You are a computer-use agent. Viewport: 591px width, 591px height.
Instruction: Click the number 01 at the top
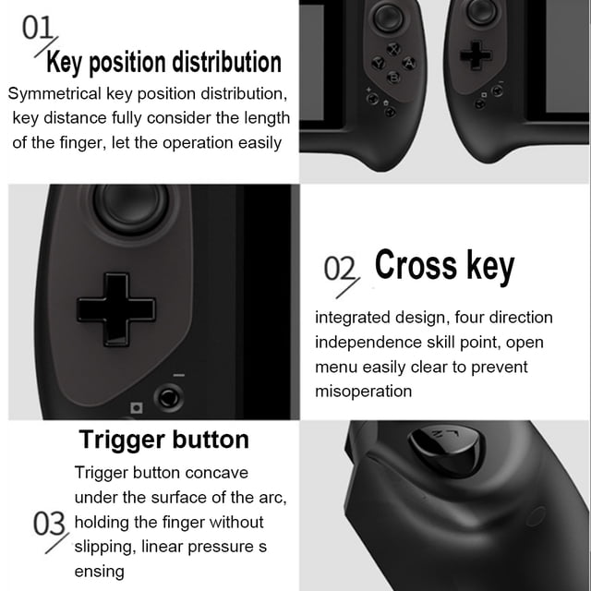click(x=37, y=28)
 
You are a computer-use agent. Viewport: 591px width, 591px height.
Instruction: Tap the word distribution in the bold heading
click(x=227, y=62)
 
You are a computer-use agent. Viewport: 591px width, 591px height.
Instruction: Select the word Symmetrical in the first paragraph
click(x=54, y=94)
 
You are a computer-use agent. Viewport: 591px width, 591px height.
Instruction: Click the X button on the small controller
click(x=394, y=49)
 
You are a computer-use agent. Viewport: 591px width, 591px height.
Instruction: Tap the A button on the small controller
click(x=409, y=63)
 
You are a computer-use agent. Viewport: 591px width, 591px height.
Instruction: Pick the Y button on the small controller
click(x=379, y=63)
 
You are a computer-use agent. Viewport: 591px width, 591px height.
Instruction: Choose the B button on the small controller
click(x=394, y=78)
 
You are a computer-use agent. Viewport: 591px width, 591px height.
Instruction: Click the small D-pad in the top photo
click(x=476, y=55)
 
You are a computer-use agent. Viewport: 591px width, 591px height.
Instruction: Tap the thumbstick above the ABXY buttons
click(x=388, y=17)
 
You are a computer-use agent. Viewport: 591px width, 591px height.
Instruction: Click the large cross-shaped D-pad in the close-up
click(x=116, y=310)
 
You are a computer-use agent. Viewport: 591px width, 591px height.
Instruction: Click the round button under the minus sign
click(x=168, y=397)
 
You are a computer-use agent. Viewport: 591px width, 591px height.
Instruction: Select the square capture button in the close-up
click(x=137, y=408)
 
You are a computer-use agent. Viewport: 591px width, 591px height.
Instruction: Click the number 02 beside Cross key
click(x=340, y=268)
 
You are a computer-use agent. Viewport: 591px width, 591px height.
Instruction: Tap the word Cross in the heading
click(x=416, y=265)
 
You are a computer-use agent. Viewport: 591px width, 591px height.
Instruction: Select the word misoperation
click(x=363, y=392)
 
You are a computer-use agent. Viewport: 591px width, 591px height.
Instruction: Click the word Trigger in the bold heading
click(x=122, y=440)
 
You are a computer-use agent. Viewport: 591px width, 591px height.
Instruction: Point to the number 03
click(x=49, y=524)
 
